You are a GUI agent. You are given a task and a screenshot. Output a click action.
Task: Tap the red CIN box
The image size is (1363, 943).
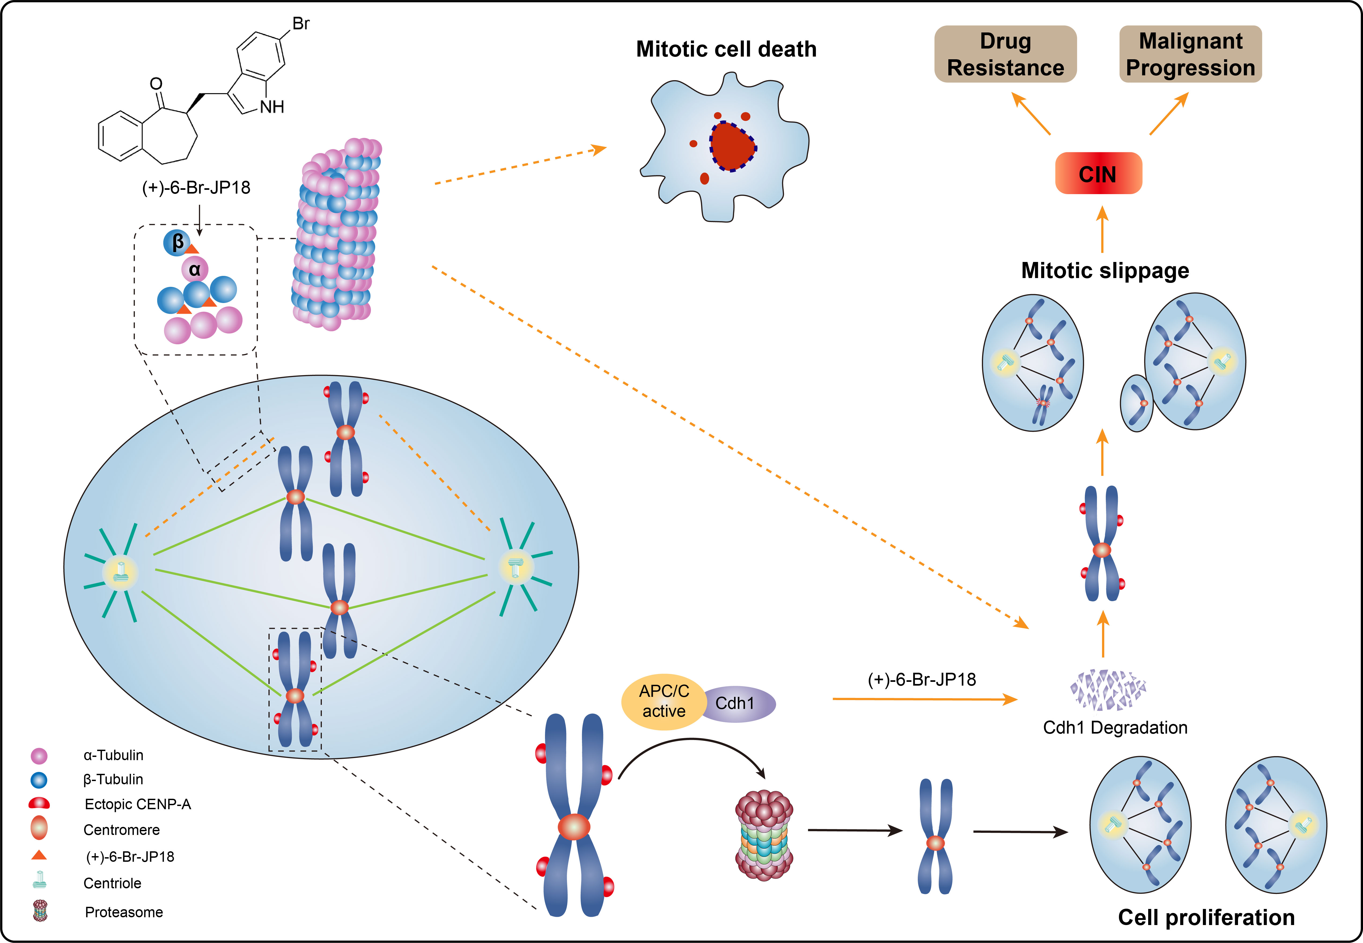point(1098,174)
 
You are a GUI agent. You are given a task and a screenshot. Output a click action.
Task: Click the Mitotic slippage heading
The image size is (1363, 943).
point(1105,271)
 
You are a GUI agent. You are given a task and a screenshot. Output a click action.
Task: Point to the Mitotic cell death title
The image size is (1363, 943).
point(726,49)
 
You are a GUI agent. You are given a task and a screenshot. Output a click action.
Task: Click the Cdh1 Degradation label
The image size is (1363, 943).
point(1115,727)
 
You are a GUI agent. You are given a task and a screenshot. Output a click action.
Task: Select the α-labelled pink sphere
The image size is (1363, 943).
point(194,270)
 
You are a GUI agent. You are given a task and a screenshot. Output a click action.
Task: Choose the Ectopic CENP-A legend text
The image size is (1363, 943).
point(138,804)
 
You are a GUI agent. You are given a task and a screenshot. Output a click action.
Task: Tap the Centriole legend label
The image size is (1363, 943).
point(112,883)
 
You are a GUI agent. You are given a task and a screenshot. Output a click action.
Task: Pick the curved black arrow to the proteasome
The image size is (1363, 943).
point(691,748)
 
